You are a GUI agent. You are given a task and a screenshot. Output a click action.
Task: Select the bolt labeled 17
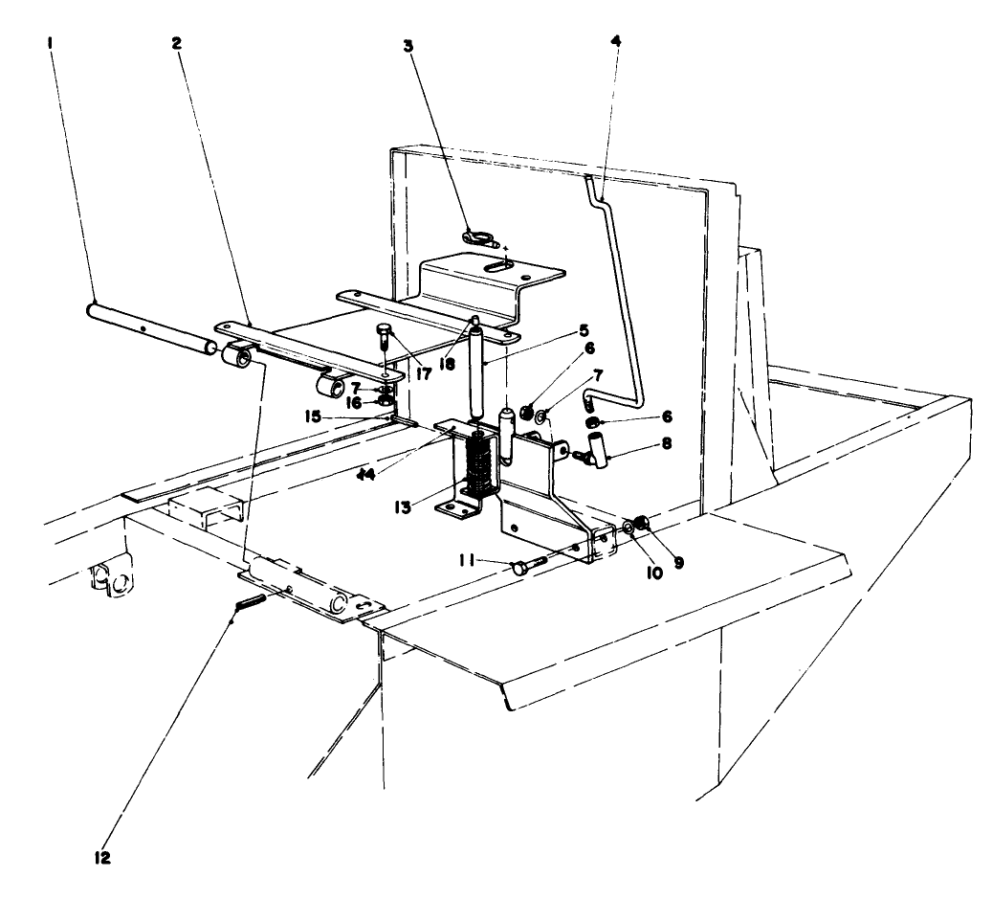tap(383, 335)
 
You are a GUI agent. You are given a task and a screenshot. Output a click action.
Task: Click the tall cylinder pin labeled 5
tap(476, 369)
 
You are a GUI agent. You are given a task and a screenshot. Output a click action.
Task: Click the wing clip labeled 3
tap(474, 235)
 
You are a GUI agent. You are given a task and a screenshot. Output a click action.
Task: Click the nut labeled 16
tap(384, 402)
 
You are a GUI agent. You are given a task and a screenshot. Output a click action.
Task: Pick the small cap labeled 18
tap(473, 321)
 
